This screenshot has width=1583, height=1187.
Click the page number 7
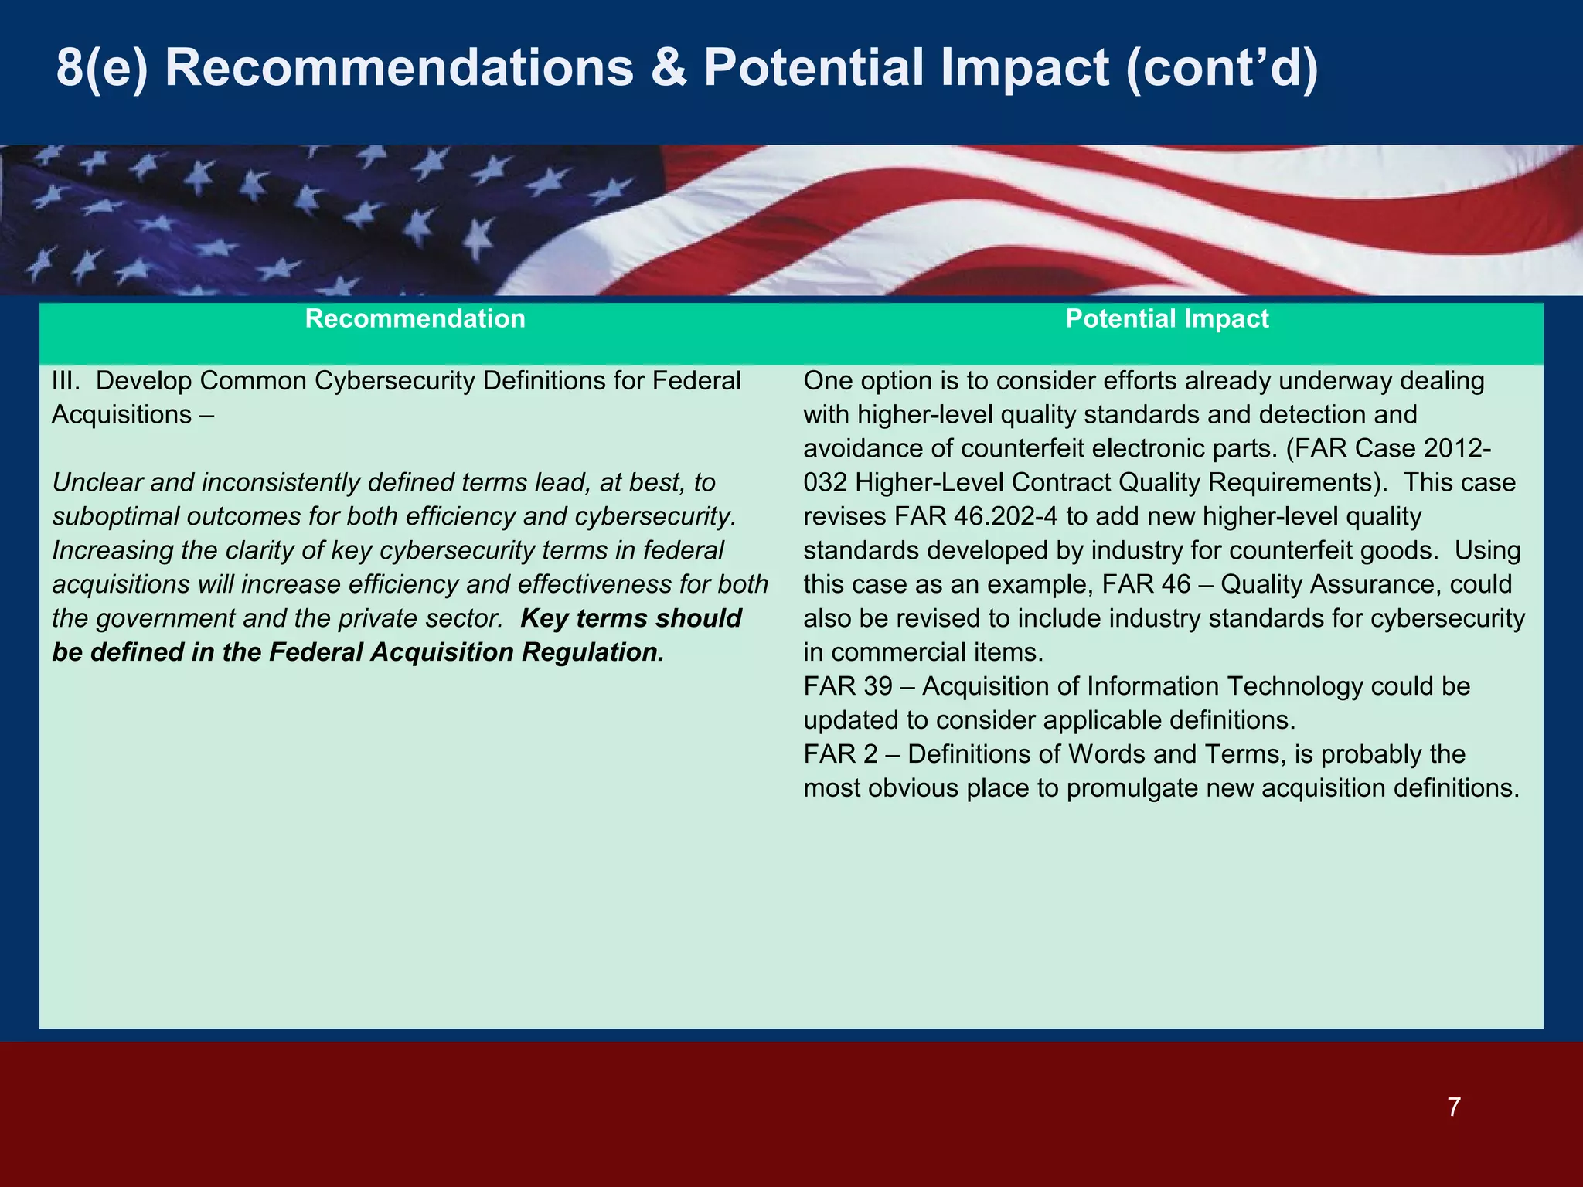1454,1107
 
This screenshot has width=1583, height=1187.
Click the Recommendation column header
415,319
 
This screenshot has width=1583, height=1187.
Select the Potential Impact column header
1166,319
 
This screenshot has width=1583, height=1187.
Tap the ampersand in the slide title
669,68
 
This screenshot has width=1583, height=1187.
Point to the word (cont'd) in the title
1222,68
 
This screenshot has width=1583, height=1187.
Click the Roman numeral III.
65,381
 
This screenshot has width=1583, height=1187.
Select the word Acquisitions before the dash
121,415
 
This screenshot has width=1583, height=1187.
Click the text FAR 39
847,687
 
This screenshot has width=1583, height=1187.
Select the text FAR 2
840,755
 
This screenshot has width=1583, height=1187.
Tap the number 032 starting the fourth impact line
826,483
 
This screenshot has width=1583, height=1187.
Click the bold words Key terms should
631,619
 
